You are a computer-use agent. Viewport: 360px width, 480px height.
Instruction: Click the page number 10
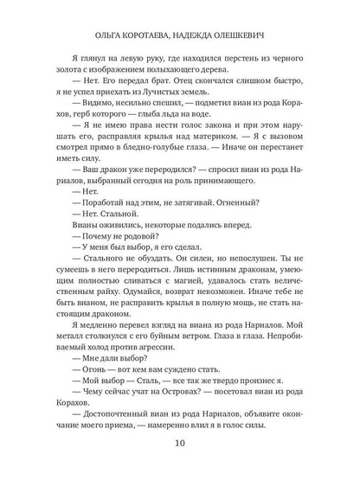(179, 445)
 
